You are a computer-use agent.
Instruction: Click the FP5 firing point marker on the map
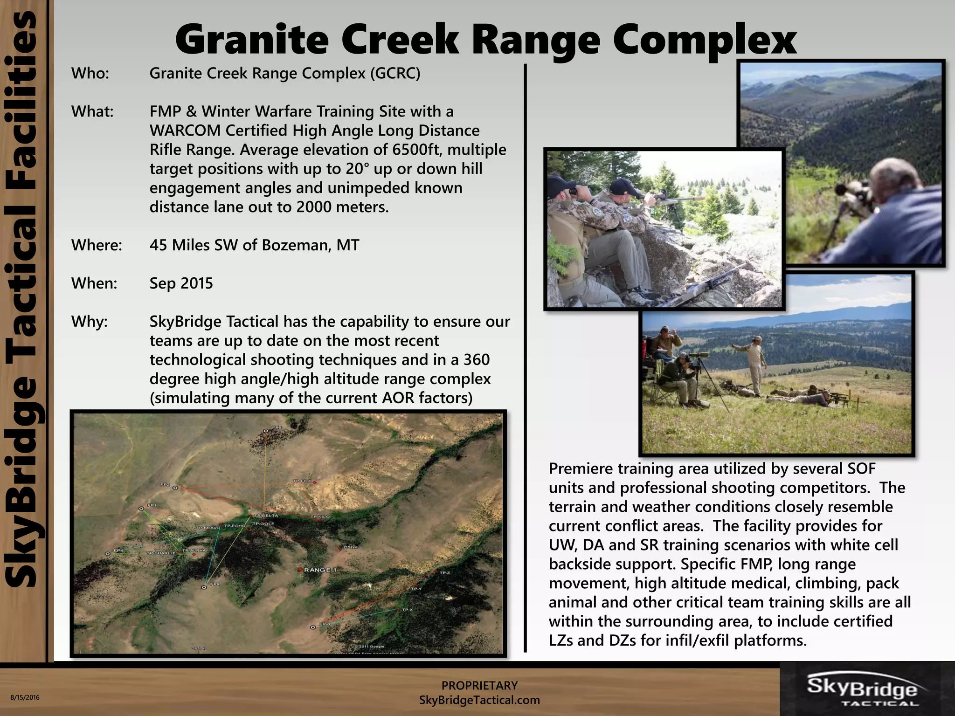coord(266,431)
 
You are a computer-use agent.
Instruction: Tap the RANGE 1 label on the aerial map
coord(320,570)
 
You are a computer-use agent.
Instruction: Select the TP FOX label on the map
coord(302,481)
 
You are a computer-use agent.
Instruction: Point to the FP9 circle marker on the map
coord(204,587)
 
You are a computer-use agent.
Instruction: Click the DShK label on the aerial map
coord(351,547)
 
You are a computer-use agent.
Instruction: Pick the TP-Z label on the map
coord(444,573)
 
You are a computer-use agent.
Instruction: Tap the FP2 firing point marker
coord(175,488)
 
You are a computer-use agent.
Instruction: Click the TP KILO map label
coord(320,517)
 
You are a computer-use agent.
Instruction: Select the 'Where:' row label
coord(97,245)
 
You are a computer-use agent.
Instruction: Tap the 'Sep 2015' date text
coord(181,283)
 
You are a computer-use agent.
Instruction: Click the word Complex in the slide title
coord(704,40)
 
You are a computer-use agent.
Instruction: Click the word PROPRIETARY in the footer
coord(479,685)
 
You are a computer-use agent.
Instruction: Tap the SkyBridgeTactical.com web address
coord(479,700)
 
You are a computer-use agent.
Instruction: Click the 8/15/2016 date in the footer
coord(25,698)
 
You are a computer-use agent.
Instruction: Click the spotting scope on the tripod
coord(696,355)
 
